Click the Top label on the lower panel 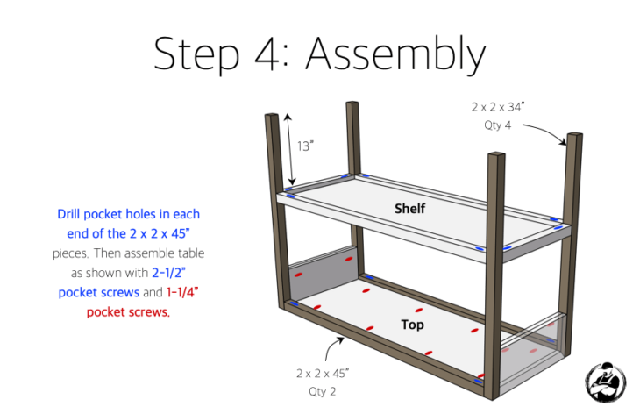click(412, 325)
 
